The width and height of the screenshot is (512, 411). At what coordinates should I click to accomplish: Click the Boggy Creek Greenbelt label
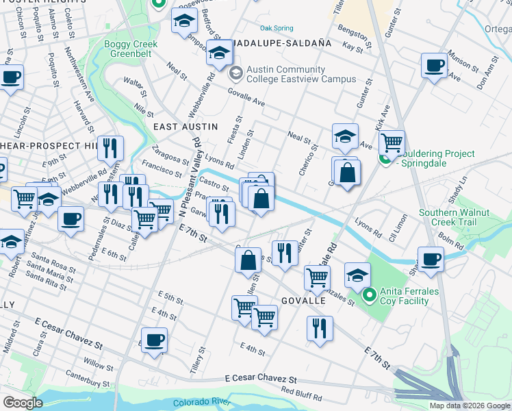coord(131,49)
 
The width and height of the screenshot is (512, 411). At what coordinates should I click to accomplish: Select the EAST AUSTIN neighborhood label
coord(185,127)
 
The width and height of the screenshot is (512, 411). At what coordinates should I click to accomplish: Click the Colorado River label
coord(201,401)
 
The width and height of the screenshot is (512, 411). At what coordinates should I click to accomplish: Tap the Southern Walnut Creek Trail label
coord(457,218)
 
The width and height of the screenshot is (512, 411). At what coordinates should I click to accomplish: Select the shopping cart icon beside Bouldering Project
coord(391,142)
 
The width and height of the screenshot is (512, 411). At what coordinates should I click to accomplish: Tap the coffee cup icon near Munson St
coord(433,66)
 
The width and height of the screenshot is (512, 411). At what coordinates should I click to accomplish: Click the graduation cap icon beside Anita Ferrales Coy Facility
coord(357,275)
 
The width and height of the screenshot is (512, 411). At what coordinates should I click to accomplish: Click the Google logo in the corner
coord(23,402)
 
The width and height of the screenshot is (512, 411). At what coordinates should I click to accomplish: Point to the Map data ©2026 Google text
coord(470,406)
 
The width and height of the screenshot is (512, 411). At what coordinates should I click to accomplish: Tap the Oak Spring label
coord(277,28)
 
